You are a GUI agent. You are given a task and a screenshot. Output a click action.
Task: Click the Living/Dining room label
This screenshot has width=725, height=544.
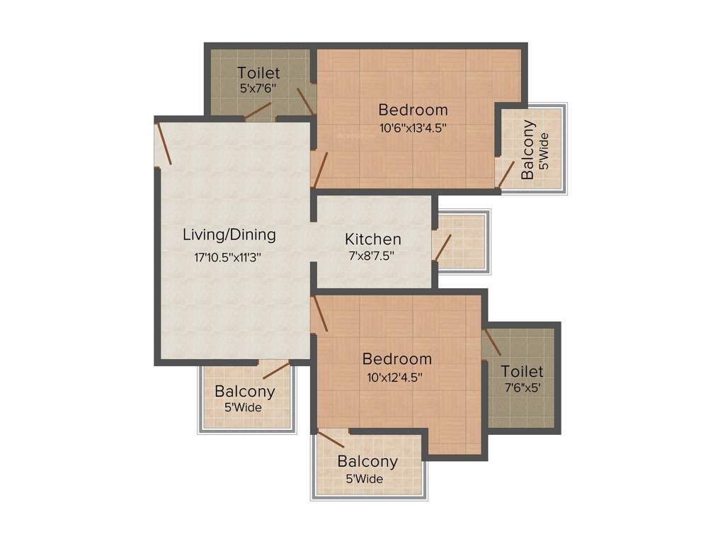[229, 234]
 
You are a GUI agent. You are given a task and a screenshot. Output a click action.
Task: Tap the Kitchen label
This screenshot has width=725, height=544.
[373, 239]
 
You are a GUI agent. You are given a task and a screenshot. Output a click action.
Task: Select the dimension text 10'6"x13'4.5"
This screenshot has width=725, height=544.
[413, 128]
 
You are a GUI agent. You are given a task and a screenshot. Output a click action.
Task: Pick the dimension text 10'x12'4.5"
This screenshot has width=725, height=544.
[395, 378]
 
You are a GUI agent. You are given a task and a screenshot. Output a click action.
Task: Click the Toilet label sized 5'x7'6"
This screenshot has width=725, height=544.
[258, 72]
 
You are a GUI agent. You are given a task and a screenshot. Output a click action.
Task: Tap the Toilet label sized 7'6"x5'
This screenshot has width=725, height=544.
[522, 371]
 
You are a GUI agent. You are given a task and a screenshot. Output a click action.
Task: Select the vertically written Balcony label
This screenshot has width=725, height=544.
[527, 149]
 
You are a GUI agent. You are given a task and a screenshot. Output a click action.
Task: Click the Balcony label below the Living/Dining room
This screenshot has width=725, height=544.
[245, 391]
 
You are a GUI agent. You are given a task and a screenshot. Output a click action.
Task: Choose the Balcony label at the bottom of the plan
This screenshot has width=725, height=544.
[367, 461]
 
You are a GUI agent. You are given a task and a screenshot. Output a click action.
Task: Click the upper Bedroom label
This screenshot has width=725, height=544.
[413, 110]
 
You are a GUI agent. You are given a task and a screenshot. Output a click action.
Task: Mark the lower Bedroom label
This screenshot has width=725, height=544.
[396, 358]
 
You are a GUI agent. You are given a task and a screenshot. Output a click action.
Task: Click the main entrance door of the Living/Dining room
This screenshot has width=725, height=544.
[164, 144]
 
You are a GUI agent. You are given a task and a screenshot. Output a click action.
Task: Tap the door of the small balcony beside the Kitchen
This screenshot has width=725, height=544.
[443, 248]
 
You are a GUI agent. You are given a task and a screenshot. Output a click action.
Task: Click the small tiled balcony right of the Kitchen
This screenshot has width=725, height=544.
[462, 241]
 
